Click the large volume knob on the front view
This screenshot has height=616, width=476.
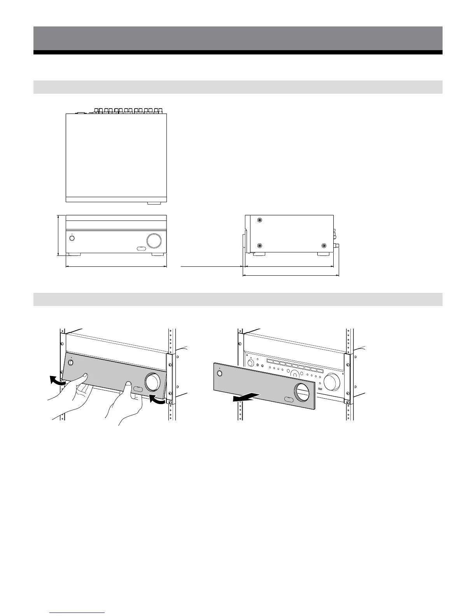(x=154, y=241)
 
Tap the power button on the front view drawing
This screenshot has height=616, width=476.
(x=72, y=238)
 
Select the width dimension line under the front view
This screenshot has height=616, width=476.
(x=116, y=267)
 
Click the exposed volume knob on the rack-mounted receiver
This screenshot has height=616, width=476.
(x=333, y=382)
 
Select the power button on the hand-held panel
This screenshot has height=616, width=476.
(x=71, y=363)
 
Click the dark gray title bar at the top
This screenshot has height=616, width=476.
(x=238, y=38)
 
